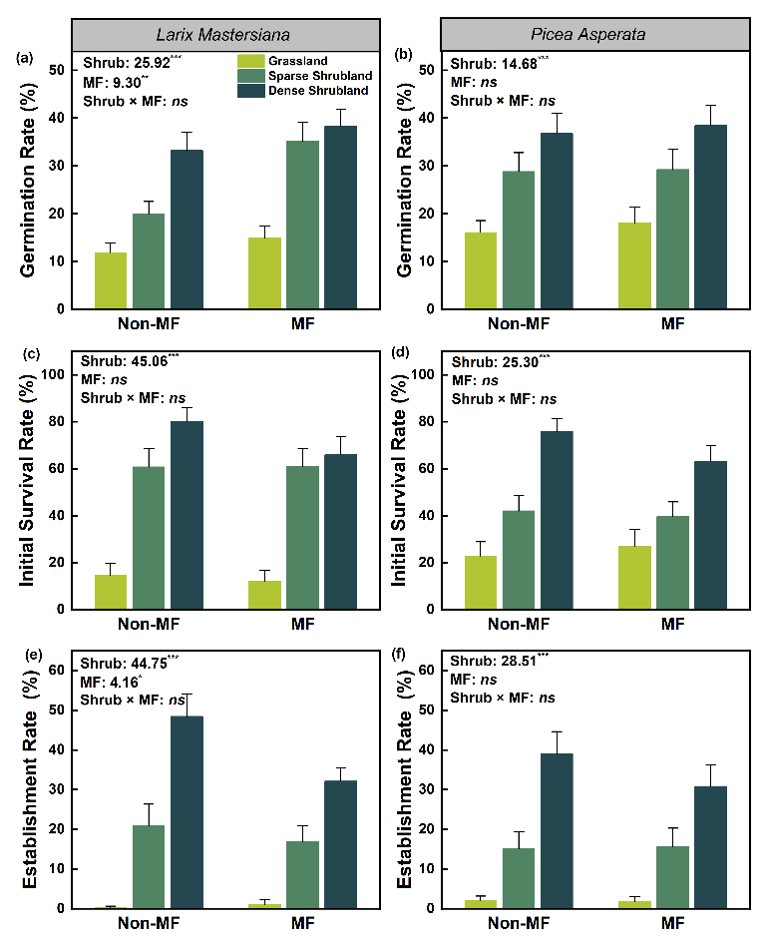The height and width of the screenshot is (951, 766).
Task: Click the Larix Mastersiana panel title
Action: point(227,35)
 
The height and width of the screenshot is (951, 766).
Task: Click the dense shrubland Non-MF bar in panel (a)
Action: point(187,230)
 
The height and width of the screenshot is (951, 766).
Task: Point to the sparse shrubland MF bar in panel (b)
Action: point(673,239)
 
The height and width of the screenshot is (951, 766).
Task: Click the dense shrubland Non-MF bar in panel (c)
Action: point(187,515)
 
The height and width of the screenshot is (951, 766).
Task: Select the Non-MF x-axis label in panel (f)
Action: point(518,924)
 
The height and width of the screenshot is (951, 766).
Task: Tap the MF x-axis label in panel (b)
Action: point(673,323)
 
